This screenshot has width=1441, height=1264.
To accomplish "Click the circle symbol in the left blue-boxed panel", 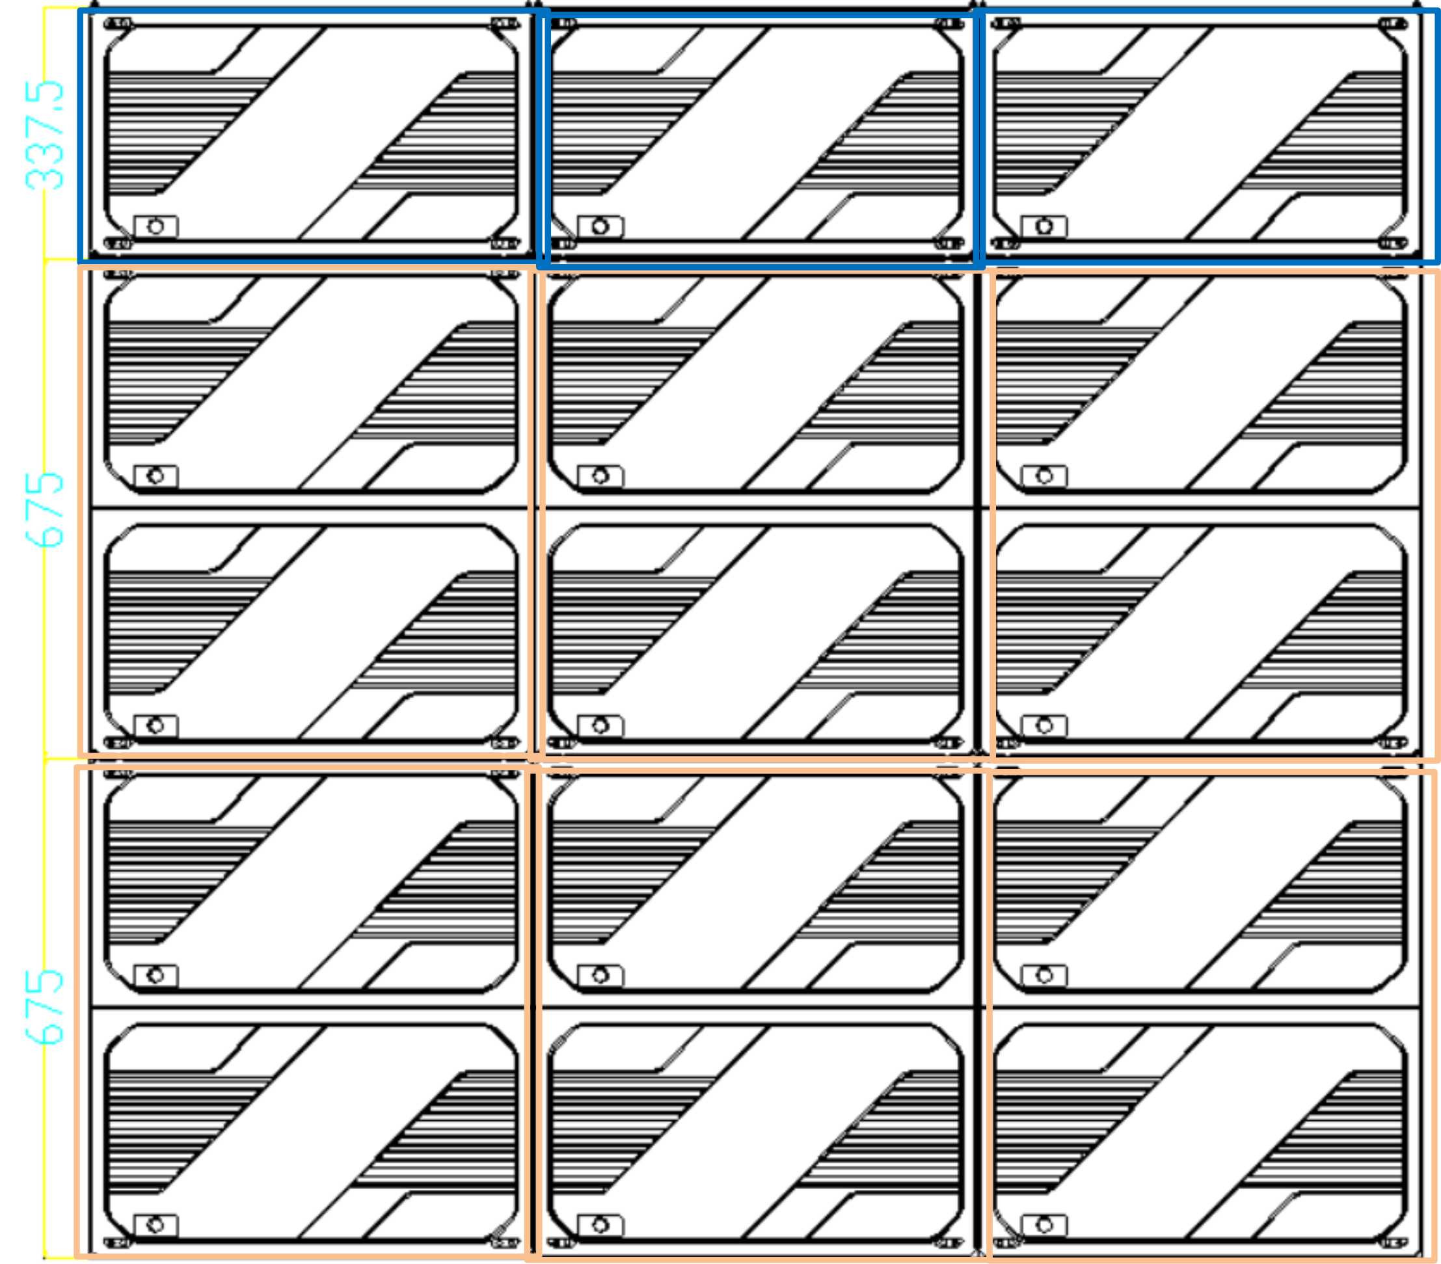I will point(155,226).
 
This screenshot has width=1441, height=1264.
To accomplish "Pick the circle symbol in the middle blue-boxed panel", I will point(600,226).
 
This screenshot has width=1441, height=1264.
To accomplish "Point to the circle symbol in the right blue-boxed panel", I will point(1045,226).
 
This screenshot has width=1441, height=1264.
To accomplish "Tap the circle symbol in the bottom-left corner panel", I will point(155,1224).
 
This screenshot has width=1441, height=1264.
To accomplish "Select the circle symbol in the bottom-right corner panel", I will point(1045,1224).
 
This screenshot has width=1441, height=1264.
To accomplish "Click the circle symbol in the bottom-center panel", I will point(600,1224).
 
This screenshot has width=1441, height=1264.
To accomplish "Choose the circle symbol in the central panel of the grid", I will point(600,725).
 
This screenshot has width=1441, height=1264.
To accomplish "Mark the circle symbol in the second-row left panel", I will point(155,476).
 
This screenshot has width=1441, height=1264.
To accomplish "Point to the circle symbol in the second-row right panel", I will point(1045,476).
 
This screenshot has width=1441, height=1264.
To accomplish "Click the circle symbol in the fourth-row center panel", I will point(600,976).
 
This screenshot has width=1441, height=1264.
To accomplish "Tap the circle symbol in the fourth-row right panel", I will point(1045,976).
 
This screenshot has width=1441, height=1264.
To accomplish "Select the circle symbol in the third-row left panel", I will point(155,725).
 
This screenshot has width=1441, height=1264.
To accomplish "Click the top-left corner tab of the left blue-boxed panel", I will point(117,25).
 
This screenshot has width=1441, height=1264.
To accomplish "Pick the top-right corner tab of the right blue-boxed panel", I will point(1392,25).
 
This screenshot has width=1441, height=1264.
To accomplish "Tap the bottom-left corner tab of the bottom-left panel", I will point(117,1242).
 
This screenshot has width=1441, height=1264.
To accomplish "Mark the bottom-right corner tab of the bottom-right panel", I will point(1392,1242).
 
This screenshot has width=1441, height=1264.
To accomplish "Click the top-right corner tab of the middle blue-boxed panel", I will point(949,25).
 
